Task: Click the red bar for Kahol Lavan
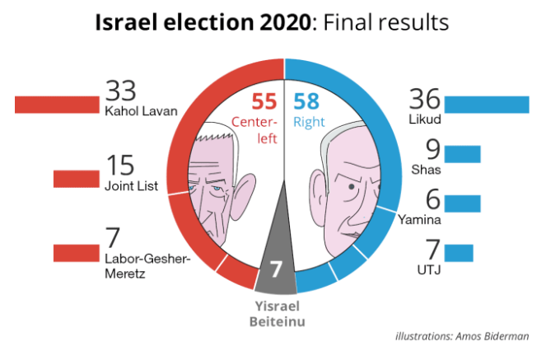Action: pos(56,105)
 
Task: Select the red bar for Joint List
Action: pos(76,179)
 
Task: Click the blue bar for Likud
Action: pos(486,105)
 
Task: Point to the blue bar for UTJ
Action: pos(459,253)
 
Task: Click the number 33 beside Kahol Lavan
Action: pos(120,90)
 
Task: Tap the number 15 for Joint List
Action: pos(117,165)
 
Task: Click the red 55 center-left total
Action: pos(264,103)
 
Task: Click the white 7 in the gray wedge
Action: pos(277,269)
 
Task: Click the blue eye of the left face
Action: pos(213,188)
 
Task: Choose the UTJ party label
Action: pos(431,269)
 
